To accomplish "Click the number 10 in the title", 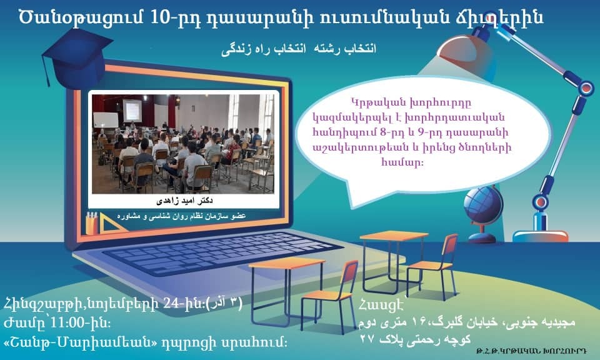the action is (x=160, y=17).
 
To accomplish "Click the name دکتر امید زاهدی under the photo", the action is (x=184, y=200).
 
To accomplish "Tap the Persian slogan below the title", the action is (x=299, y=49).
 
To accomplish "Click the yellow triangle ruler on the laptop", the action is (x=111, y=225).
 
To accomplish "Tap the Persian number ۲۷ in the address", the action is (x=368, y=339).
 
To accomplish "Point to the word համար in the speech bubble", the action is (x=402, y=162).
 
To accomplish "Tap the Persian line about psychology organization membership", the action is (x=181, y=216).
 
